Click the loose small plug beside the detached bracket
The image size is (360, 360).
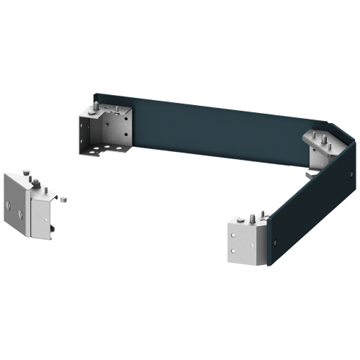(x=64, y=196)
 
